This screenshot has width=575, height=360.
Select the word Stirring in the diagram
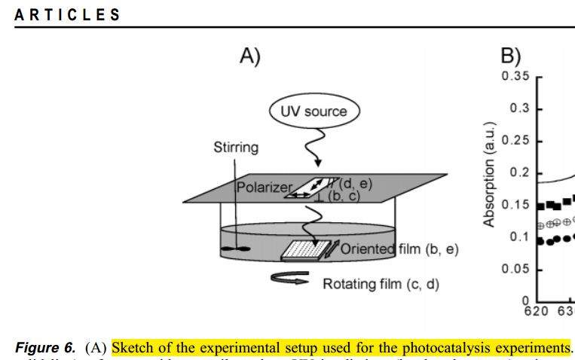point(235,148)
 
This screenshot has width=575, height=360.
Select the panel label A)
point(249,56)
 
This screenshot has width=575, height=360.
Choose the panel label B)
point(511,56)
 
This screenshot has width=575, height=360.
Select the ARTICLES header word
point(67,15)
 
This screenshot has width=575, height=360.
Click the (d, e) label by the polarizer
point(355,182)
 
